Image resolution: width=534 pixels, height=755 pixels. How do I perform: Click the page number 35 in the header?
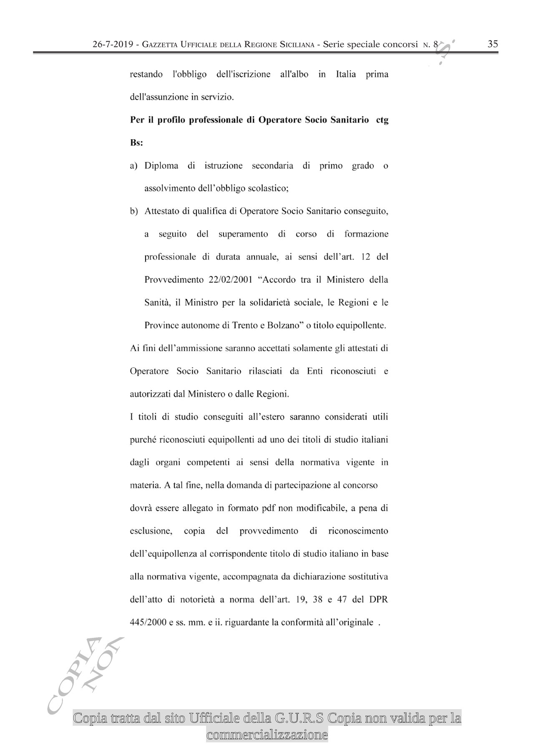tap(493, 44)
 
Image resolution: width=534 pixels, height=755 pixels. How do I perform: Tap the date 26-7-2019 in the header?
tap(115, 45)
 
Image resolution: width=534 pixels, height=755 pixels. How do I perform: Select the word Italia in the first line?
tap(346, 75)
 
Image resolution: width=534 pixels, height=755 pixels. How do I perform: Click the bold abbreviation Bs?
tap(137, 143)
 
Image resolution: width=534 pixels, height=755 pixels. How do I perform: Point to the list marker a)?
tap(134, 166)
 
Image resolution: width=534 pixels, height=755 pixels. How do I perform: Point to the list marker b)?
tap(134, 211)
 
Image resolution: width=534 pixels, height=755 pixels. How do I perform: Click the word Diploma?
tap(161, 166)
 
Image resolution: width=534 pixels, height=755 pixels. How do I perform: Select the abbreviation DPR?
tap(379, 599)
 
